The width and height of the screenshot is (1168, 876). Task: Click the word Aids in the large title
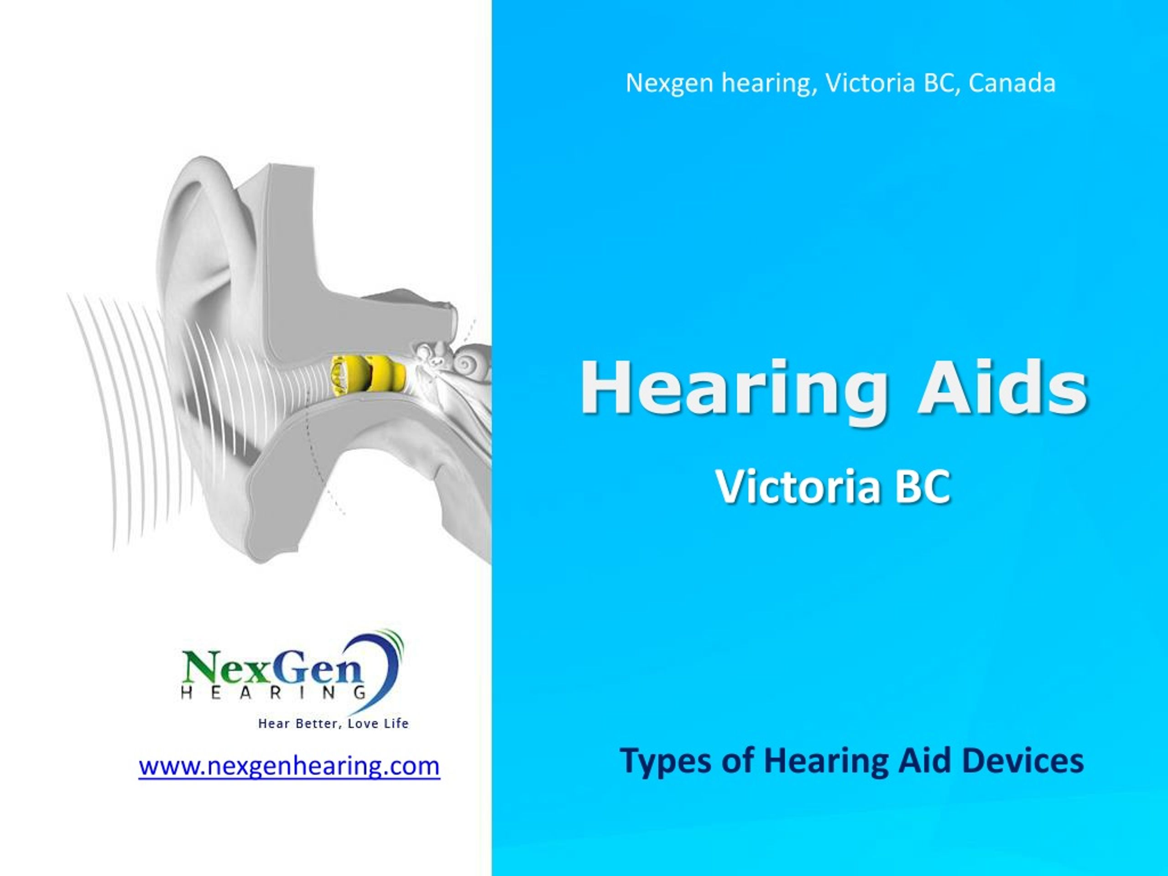click(x=1001, y=389)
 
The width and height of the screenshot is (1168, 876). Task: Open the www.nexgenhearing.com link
click(x=289, y=766)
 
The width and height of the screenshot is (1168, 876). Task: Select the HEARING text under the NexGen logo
click(x=273, y=693)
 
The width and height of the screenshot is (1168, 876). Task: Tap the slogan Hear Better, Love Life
click(x=333, y=724)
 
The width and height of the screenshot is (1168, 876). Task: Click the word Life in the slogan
click(x=396, y=724)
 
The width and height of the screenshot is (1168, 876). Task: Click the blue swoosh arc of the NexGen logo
click(x=388, y=676)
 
